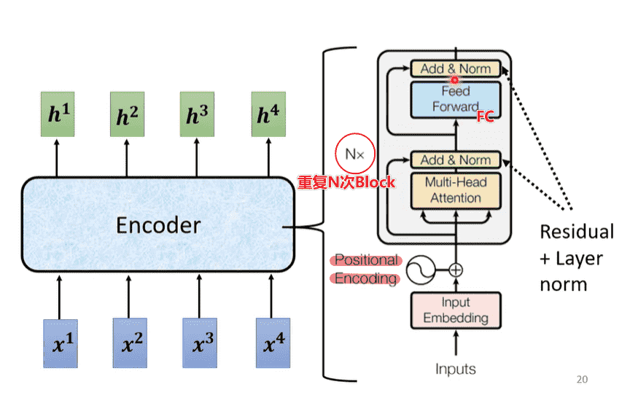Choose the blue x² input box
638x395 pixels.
coord(129,343)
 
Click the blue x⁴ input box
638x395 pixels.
coord(273,343)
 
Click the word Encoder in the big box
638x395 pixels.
coord(158,225)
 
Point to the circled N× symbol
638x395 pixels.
coord(354,154)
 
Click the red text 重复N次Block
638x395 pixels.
coord(346,182)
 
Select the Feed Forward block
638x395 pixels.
coord(456,99)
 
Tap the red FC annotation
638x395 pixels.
coord(485,117)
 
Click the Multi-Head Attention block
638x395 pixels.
coord(456,189)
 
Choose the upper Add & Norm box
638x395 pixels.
coord(456,69)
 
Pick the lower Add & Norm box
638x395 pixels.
coord(456,160)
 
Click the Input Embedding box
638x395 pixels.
coord(456,310)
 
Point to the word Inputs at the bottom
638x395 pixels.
coord(456,369)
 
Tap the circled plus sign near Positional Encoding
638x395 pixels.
coord(456,270)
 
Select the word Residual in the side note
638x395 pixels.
coord(577,232)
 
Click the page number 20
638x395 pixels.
coord(581,379)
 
